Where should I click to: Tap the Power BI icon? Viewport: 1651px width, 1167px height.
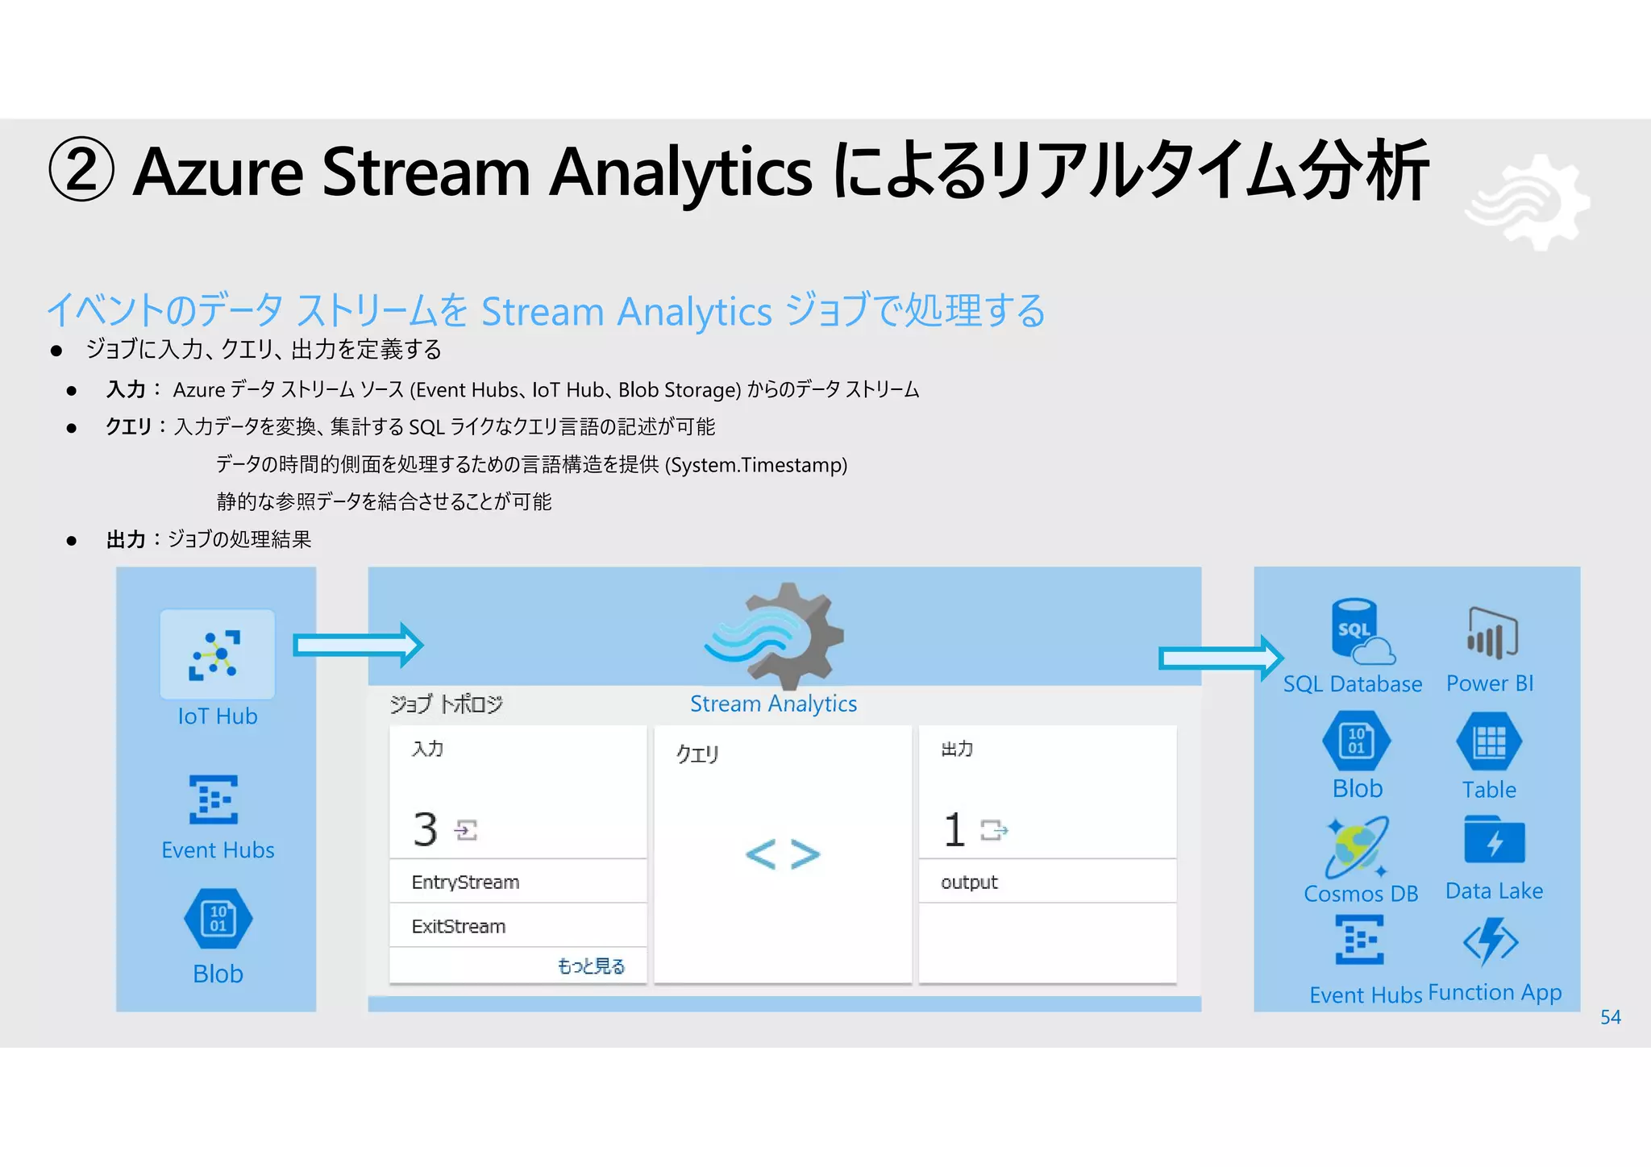[x=1491, y=633]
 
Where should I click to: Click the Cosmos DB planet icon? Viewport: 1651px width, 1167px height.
[x=1358, y=846]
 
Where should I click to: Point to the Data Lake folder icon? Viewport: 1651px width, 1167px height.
[x=1494, y=840]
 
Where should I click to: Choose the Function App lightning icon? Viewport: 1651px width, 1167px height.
[x=1491, y=941]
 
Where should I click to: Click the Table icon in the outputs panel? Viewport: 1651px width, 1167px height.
[x=1489, y=741]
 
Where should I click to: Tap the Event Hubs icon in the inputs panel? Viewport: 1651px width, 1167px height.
[x=214, y=799]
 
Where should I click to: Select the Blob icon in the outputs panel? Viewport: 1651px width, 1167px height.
[x=1357, y=741]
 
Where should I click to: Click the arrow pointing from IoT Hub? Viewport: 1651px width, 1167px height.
[x=357, y=645]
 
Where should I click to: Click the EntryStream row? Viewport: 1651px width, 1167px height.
[x=518, y=882]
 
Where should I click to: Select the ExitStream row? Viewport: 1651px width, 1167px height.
[x=518, y=926]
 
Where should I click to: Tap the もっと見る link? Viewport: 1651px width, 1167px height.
[x=591, y=966]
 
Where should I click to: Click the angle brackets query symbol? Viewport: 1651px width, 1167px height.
[x=782, y=854]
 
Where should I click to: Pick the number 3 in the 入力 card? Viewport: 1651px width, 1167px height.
[x=425, y=829]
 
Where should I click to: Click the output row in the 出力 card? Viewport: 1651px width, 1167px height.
[x=1046, y=882]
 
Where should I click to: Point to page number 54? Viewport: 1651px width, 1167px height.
[x=1610, y=1017]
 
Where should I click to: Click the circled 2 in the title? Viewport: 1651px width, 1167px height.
[x=81, y=170]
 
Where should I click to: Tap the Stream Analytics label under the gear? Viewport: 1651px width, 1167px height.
[x=773, y=704]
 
